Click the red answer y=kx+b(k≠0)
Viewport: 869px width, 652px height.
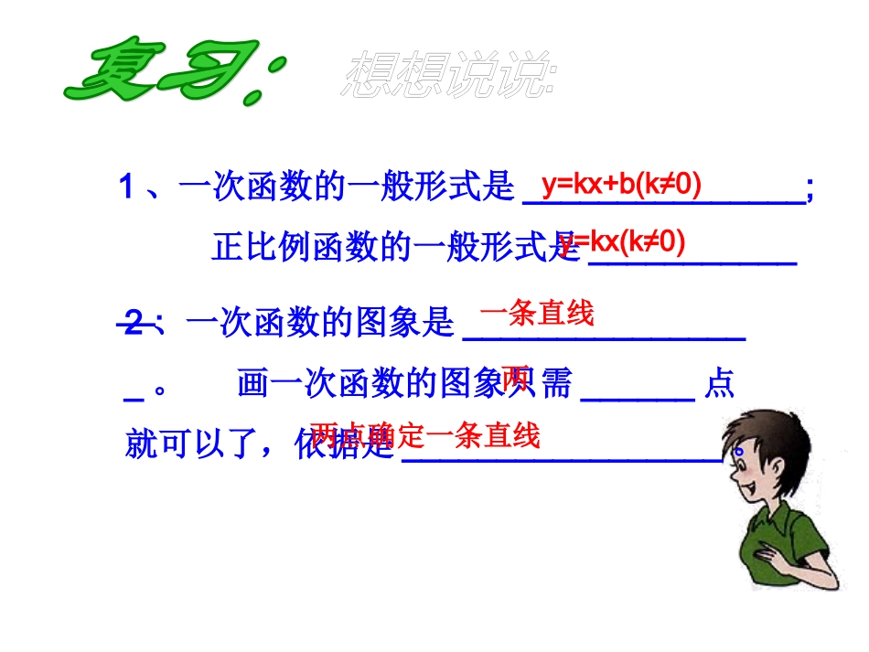pos(621,185)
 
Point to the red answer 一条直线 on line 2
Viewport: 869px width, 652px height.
pos(537,314)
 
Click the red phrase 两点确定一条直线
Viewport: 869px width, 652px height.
pos(425,435)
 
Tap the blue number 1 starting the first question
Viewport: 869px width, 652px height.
pos(127,188)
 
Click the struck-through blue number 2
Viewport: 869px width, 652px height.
pos(135,322)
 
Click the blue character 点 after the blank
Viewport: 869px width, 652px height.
pos(719,384)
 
